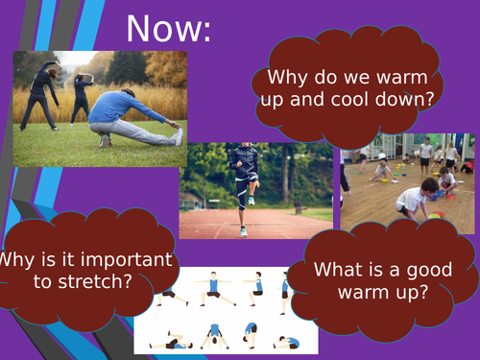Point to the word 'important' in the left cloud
(x=115, y=258)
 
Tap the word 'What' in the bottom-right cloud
(x=336, y=270)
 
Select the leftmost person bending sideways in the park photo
(x=44, y=91)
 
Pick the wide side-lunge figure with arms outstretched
(x=212, y=289)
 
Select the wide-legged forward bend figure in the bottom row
(x=212, y=335)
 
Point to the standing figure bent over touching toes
(x=248, y=335)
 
